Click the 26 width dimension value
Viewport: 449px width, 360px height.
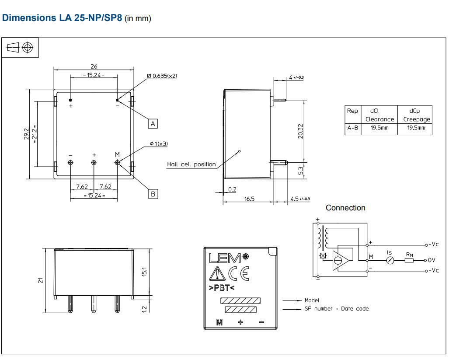coord(94,66)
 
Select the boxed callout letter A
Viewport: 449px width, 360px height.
coord(153,124)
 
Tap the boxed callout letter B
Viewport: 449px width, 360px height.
coord(153,194)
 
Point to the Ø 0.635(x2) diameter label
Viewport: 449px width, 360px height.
coord(162,76)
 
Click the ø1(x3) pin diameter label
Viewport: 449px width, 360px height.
coord(159,143)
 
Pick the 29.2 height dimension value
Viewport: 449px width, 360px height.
coord(26,134)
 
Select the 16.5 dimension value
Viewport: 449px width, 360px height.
coord(249,199)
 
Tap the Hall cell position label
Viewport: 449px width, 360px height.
coord(191,164)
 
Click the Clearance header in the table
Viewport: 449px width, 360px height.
coord(379,119)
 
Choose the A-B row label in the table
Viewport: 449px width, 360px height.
coord(352,128)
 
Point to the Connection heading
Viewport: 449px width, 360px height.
coord(345,208)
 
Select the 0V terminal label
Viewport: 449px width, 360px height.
coord(432,260)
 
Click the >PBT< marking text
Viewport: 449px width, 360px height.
coord(222,288)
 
